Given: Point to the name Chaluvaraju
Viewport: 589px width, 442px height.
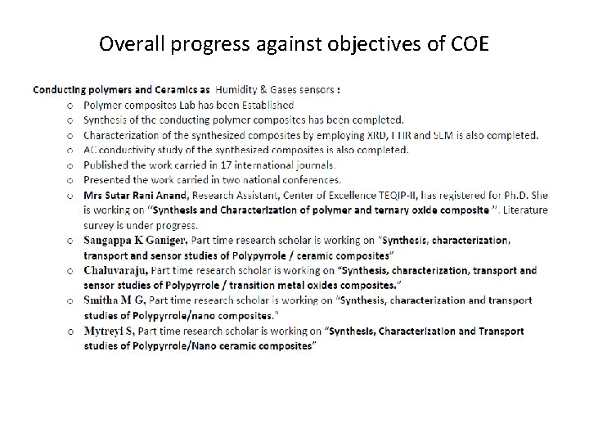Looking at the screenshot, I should pyautogui.click(x=115, y=270).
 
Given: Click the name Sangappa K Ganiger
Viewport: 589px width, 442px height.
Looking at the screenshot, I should pyautogui.click(x=136, y=240).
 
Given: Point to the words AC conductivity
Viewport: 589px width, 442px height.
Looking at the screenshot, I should pyautogui.click(x=119, y=150).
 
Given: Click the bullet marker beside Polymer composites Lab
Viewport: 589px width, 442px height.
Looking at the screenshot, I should pyautogui.click(x=70, y=106).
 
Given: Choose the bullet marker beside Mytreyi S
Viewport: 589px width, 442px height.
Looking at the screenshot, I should pyautogui.click(x=70, y=331).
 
